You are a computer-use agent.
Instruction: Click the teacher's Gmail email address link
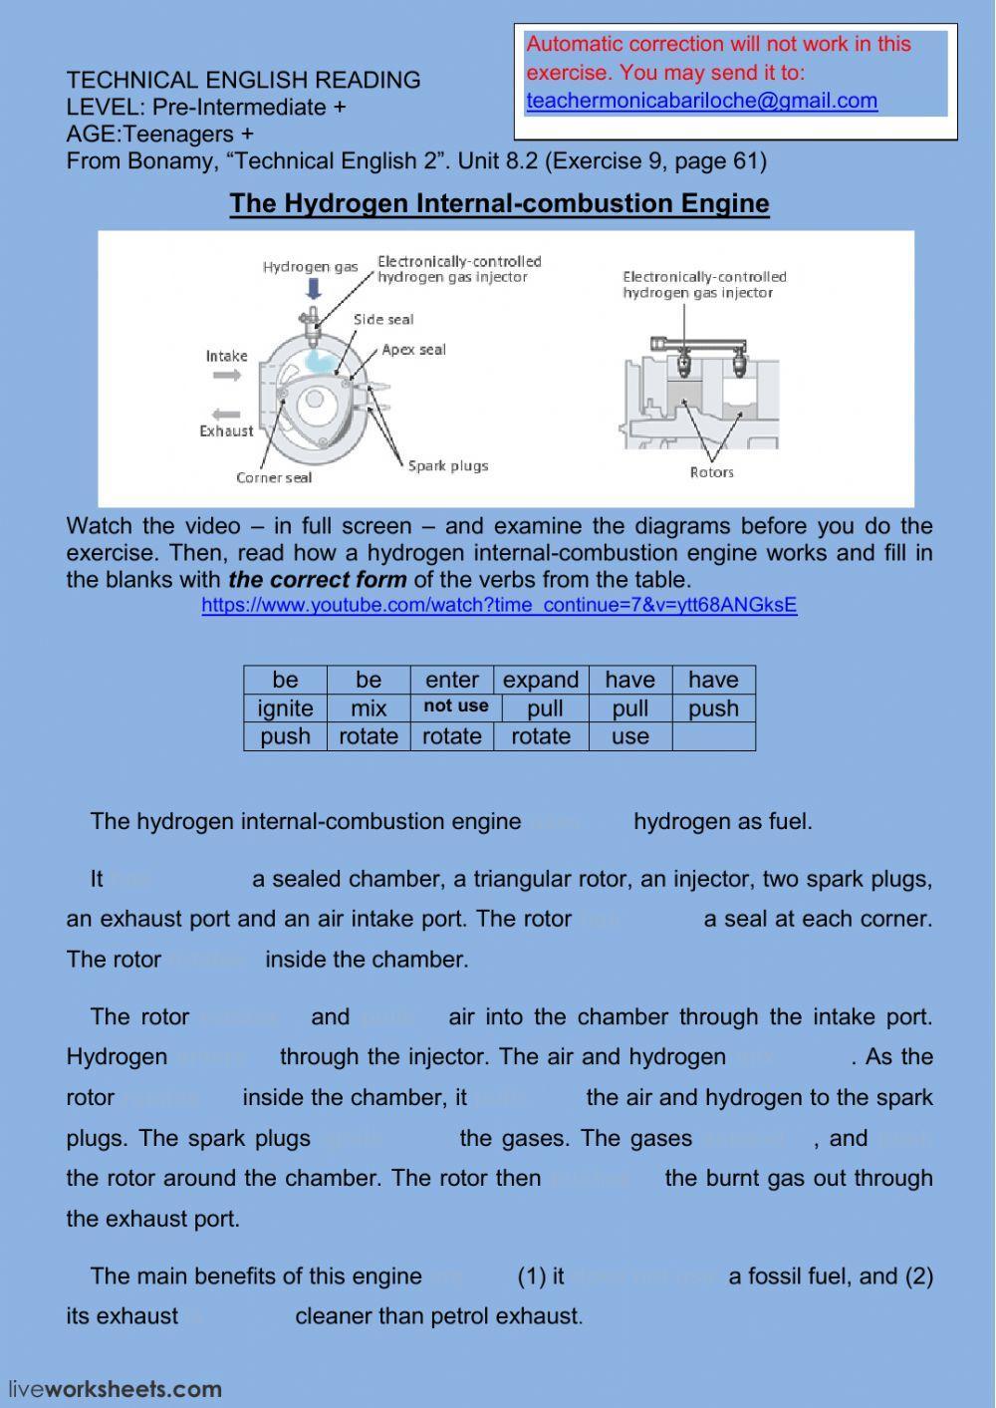(x=701, y=101)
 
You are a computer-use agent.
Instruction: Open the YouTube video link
(x=499, y=605)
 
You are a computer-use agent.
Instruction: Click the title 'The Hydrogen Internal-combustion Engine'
(x=499, y=203)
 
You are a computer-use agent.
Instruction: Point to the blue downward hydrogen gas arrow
(x=314, y=289)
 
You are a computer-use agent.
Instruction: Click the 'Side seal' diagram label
(x=383, y=320)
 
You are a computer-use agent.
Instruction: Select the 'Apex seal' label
(x=413, y=350)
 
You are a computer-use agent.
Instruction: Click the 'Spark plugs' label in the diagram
(x=448, y=465)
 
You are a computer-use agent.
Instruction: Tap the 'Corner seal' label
(x=274, y=478)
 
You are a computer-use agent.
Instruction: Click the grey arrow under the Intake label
(x=227, y=376)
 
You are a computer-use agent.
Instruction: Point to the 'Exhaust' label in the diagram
(x=226, y=431)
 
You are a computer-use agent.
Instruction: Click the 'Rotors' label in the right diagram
(x=711, y=472)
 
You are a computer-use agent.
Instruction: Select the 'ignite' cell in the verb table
(x=285, y=708)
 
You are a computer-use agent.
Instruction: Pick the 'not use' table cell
(x=455, y=706)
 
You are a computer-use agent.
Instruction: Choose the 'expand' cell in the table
(x=541, y=680)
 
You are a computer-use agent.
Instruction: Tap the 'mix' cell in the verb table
(x=369, y=708)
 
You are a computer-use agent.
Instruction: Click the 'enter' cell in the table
(x=452, y=680)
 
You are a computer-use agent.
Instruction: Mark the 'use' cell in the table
(x=630, y=736)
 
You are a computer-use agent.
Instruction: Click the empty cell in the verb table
(x=713, y=736)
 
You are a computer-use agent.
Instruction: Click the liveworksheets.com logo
(x=116, y=1389)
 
